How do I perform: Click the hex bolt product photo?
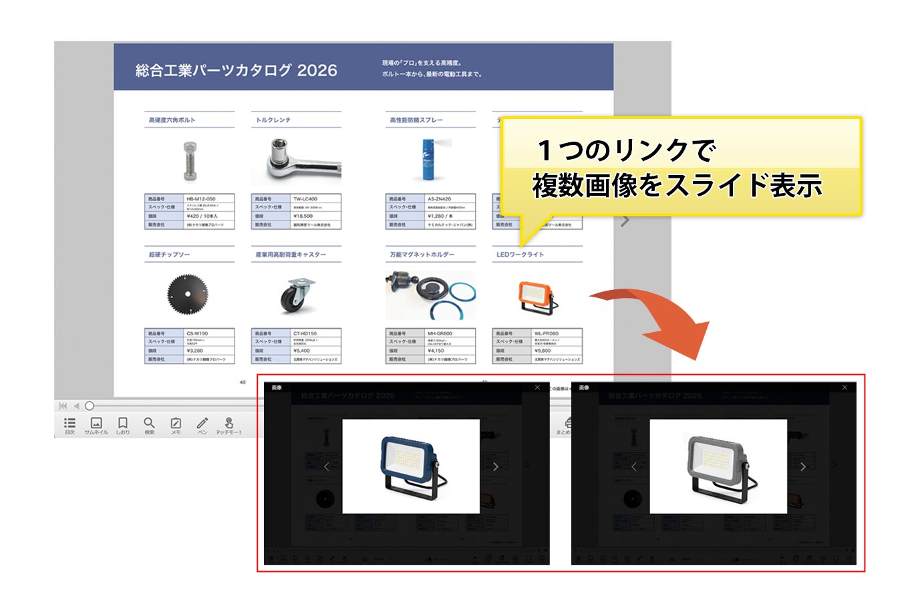tap(190, 160)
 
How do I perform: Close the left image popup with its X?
tap(537, 388)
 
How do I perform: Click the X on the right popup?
tap(845, 388)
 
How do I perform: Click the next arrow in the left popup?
tap(496, 466)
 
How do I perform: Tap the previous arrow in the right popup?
tap(633, 466)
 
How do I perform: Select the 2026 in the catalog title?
tap(317, 70)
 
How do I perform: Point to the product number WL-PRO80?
tap(546, 333)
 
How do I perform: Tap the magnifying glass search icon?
tap(149, 424)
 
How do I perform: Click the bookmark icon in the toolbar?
tap(122, 424)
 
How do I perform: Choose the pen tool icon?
tap(202, 424)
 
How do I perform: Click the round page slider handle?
tap(90, 406)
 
